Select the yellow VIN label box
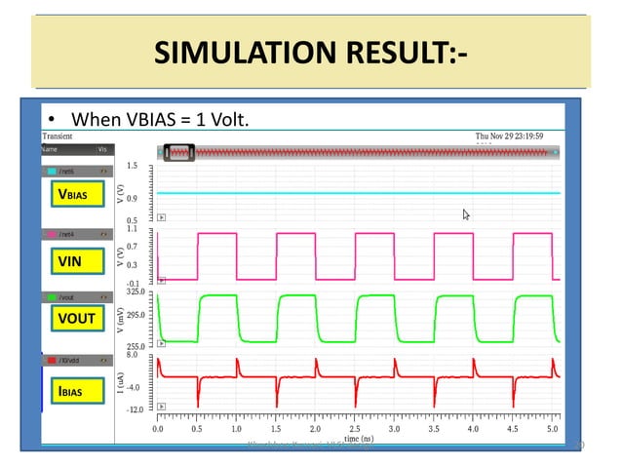70,261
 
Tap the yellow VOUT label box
75,318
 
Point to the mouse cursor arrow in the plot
467,214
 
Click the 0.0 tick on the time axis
158,428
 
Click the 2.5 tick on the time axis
355,428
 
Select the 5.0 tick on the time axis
552,428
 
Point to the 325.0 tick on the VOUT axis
136,291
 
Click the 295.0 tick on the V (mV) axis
136,314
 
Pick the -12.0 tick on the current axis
136,409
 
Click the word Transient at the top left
59,136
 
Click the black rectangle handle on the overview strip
179,151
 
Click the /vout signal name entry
70,296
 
